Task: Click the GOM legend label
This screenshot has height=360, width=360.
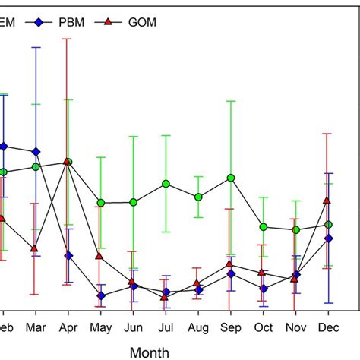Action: [142, 23]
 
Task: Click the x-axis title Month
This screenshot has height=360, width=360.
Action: [150, 352]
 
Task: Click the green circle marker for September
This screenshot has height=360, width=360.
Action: [230, 178]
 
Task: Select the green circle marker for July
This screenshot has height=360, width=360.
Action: [166, 184]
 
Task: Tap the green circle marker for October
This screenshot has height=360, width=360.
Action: [263, 227]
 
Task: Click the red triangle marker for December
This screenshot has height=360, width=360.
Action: [328, 200]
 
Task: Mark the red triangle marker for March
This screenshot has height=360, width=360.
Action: [35, 248]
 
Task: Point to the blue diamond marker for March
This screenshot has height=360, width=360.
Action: [35, 152]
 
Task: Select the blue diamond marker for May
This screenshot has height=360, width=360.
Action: [100, 295]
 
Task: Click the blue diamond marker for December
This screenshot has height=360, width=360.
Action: [328, 238]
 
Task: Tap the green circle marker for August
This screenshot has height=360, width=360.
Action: [198, 197]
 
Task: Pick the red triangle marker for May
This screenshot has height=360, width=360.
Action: [100, 256]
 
